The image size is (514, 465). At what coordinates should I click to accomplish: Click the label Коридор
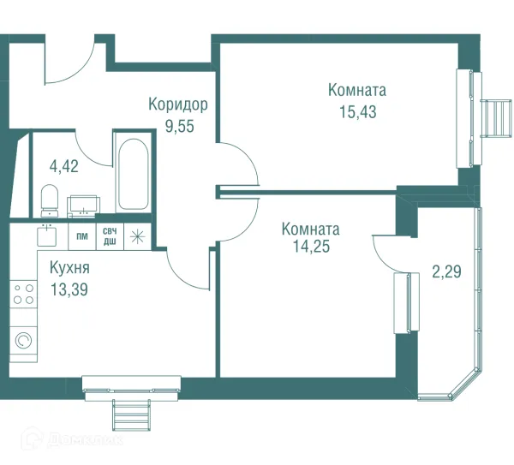(178, 104)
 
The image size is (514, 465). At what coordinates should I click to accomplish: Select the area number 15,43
(357, 110)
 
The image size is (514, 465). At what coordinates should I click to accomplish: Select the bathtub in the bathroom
(132, 176)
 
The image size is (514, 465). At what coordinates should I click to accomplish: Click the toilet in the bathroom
(49, 202)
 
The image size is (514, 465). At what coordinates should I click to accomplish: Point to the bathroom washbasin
(84, 205)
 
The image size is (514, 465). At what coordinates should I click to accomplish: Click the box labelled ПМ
(82, 236)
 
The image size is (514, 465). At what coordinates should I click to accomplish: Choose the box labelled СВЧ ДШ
(111, 236)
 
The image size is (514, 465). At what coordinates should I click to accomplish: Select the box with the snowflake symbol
(137, 236)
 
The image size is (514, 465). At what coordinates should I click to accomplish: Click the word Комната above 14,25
(310, 230)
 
